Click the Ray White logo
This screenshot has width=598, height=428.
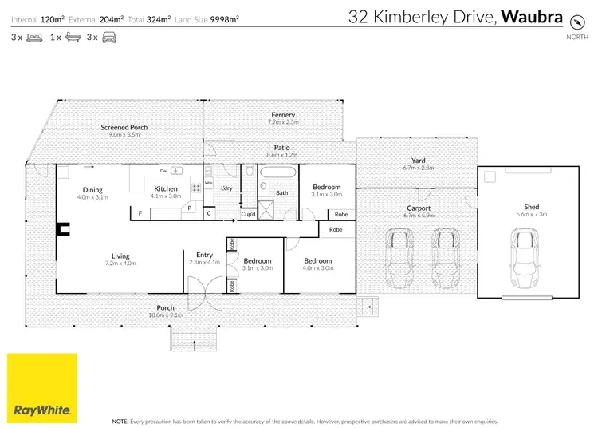click(43, 387)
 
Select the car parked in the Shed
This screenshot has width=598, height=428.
click(522, 256)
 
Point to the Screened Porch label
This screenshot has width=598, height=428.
click(124, 128)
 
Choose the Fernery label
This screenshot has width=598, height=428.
click(282, 115)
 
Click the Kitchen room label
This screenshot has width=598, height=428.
click(166, 189)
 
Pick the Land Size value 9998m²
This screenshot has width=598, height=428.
click(222, 17)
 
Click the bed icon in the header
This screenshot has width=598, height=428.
click(34, 37)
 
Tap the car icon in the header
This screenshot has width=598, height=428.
click(109, 37)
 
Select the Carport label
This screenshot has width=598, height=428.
click(418, 208)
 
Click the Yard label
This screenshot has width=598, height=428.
click(418, 160)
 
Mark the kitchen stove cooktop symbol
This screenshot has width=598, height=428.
click(195, 188)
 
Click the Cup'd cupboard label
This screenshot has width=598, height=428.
click(248, 213)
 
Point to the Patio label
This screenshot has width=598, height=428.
click(281, 147)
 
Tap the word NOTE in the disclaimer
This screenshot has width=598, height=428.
click(120, 420)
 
